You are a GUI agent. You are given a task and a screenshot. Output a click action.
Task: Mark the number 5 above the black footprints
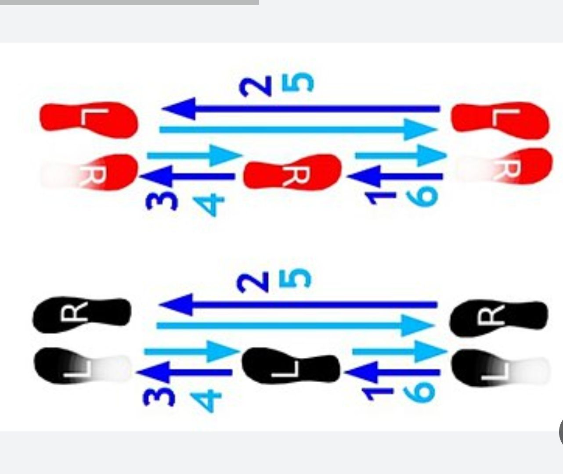(x=295, y=278)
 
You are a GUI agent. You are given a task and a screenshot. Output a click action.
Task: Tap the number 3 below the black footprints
(x=159, y=397)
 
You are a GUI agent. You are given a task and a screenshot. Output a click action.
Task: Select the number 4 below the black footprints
(x=206, y=399)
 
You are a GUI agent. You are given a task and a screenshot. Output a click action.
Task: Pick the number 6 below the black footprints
(x=419, y=392)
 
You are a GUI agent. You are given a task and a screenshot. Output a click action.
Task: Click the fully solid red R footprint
(x=292, y=172)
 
